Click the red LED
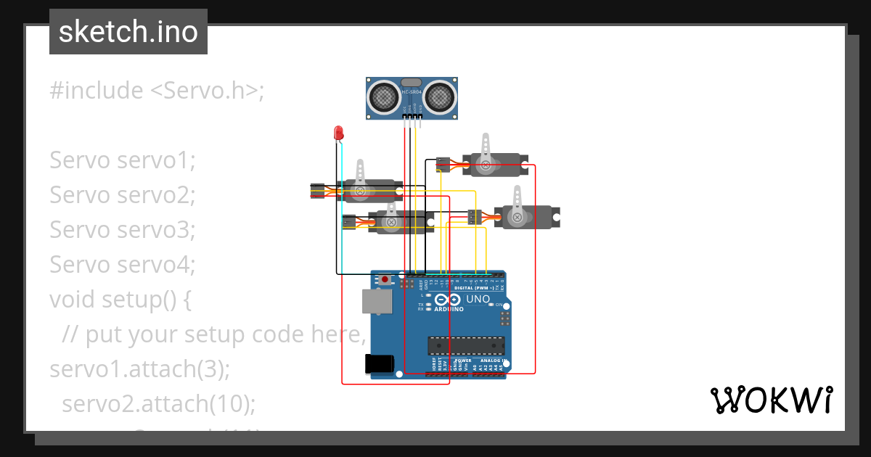point(338,133)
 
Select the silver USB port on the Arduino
point(377,303)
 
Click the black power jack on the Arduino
point(380,363)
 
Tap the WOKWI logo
point(771,400)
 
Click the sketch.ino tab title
point(128,32)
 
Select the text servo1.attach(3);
point(139,369)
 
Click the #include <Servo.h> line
point(157,91)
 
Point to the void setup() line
point(120,299)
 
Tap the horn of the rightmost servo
point(518,203)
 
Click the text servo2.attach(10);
point(158,403)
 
